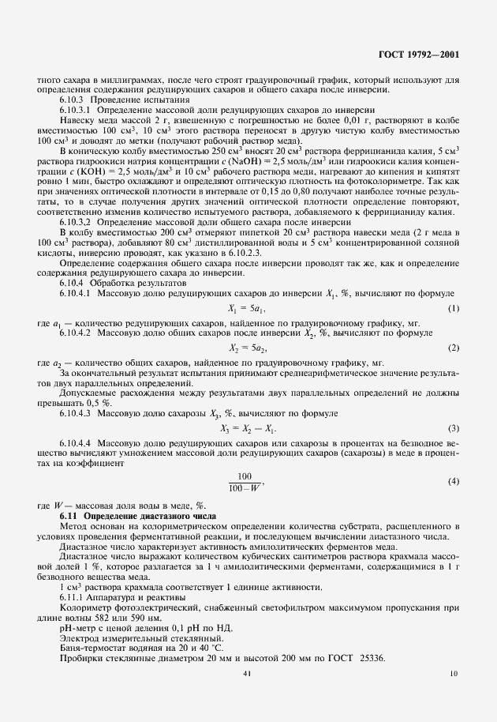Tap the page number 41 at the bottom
click(248, 695)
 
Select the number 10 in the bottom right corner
click(453, 695)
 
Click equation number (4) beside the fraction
click(453, 481)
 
